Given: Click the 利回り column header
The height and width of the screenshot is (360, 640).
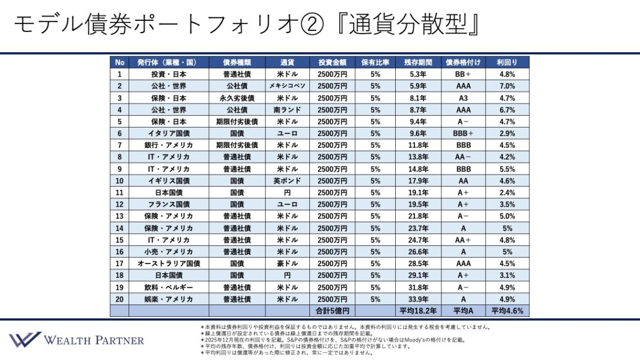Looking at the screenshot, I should pos(507,62).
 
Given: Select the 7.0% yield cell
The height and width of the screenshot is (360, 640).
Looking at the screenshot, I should pos(507,86).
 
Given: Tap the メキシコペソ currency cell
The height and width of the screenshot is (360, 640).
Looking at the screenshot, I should pos(287,86).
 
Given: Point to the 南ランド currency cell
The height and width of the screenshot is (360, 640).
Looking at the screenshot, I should pos(287,110).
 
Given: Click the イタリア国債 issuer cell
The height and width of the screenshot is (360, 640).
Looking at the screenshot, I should pos(168,133).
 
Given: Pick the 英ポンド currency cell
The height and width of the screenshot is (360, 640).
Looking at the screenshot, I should pos(287,181).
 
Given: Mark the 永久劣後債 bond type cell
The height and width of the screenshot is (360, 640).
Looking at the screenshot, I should pos(236,98).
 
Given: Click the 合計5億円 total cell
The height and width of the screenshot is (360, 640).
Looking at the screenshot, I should pos(332,311).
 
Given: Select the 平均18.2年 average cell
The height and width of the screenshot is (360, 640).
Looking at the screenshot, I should pos(418,311).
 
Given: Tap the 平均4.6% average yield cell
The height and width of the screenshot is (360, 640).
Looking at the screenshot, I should pos(507,311).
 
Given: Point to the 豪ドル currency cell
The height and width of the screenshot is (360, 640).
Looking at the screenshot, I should pos(287,263).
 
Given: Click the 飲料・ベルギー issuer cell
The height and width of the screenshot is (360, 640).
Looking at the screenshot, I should pos(168,287).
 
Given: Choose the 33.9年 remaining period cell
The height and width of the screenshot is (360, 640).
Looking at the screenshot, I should pos(418,299).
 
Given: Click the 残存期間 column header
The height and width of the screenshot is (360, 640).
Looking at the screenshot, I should pos(418,62).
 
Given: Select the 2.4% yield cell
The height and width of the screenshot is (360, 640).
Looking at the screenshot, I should pos(507,193).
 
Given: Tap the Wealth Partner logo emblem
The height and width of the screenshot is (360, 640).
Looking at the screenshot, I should pos(24,339).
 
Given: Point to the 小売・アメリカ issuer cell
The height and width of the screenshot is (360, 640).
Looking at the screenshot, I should pos(168,252).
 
